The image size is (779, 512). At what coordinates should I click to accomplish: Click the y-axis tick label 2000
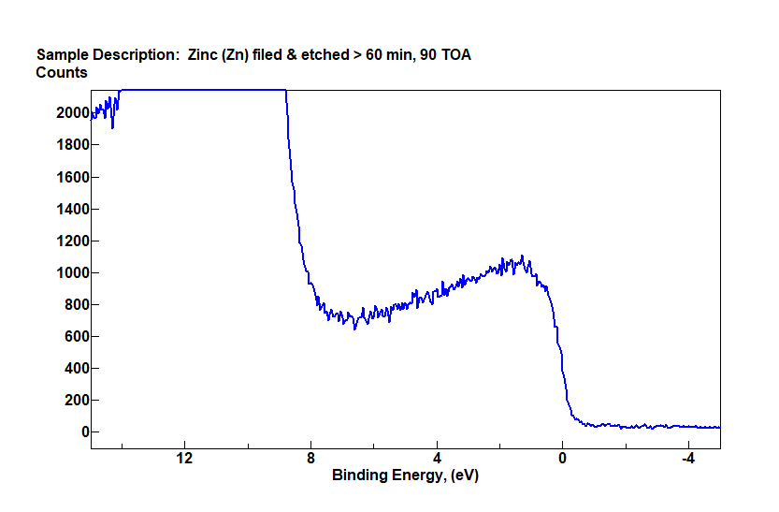click(x=72, y=112)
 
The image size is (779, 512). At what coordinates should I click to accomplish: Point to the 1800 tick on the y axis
click(x=72, y=145)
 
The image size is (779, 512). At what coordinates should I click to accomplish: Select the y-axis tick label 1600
click(x=72, y=177)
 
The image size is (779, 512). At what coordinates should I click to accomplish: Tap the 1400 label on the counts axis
click(x=72, y=209)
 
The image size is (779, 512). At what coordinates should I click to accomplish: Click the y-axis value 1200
click(x=72, y=241)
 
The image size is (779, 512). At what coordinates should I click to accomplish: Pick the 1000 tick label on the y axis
click(x=72, y=272)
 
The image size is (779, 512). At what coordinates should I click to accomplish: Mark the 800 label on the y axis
click(x=76, y=304)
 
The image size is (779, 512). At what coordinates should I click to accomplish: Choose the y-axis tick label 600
click(x=76, y=336)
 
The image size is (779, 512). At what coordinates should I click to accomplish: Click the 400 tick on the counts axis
click(x=76, y=368)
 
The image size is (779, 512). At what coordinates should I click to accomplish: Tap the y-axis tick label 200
click(x=76, y=400)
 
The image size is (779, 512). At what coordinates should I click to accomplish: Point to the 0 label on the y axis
click(x=84, y=432)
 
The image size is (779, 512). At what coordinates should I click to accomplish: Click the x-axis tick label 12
click(x=184, y=459)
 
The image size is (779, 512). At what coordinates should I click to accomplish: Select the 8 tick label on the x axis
click(x=310, y=459)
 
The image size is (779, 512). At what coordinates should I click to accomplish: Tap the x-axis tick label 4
click(x=437, y=459)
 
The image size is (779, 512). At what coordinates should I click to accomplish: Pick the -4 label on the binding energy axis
click(x=687, y=459)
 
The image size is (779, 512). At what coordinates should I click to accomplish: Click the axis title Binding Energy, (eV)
click(x=405, y=475)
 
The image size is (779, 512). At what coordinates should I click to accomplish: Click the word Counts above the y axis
click(x=62, y=72)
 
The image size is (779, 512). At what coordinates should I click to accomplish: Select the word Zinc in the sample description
click(x=203, y=54)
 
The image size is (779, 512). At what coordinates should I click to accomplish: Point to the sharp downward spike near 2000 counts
click(x=112, y=126)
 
